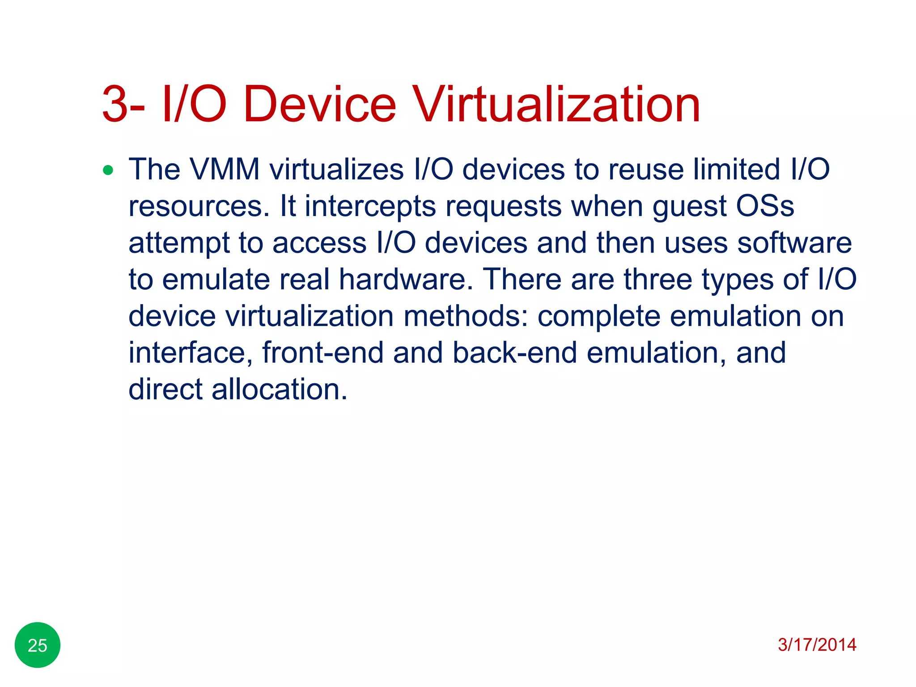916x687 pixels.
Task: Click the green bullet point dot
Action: [x=108, y=170]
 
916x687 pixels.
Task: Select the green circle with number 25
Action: [x=38, y=645]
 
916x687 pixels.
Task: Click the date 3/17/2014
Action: [x=817, y=645]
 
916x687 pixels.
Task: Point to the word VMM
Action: [x=225, y=170]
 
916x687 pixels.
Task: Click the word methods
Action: [x=466, y=316]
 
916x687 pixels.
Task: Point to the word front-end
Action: [x=323, y=352]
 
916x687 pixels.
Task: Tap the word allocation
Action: [x=279, y=389]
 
